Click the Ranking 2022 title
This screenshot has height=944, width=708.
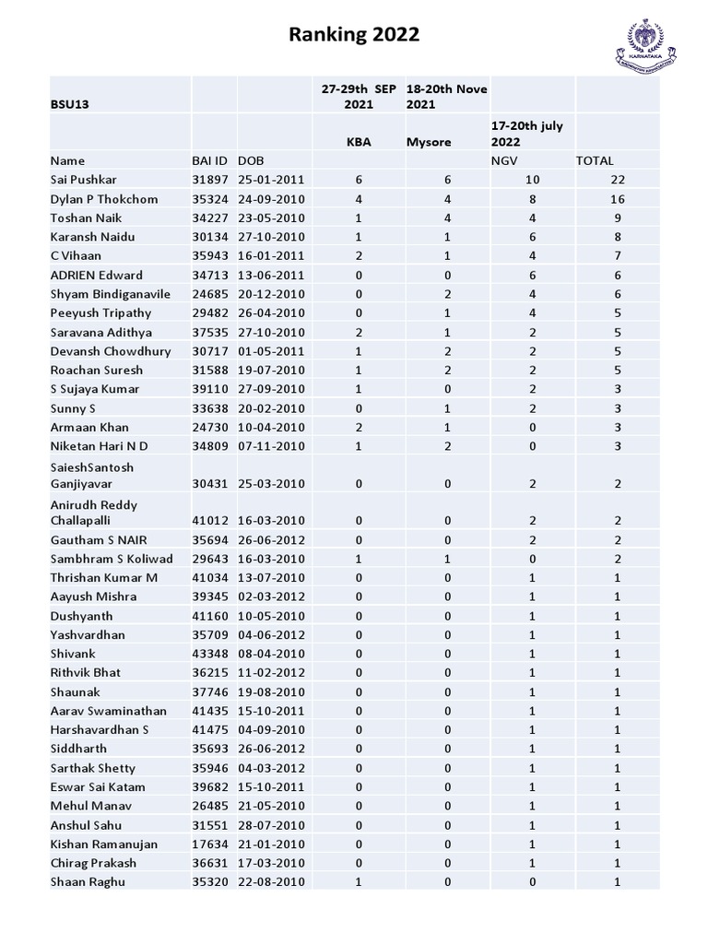point(354,35)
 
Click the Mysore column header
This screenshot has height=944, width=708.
point(430,143)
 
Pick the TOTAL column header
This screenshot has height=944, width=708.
point(595,160)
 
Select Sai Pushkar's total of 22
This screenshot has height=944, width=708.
point(618,180)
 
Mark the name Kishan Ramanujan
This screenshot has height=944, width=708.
point(103,844)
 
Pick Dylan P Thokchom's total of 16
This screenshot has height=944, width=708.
point(618,199)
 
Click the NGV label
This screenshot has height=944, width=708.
point(503,160)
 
